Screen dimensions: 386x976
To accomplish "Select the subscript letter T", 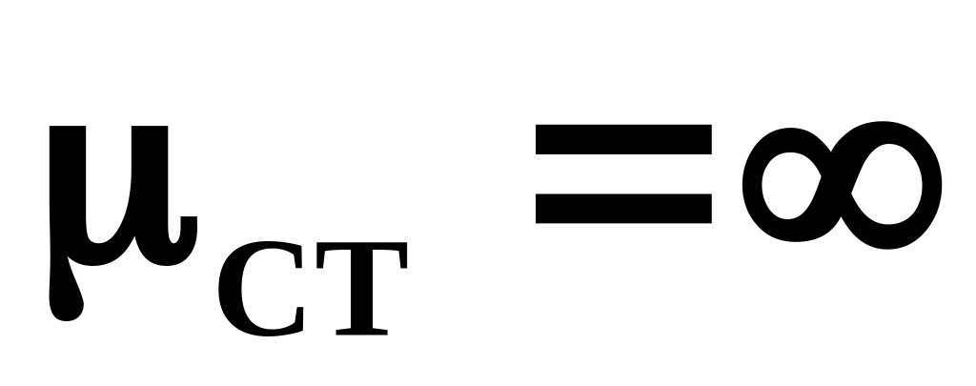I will click(353, 288).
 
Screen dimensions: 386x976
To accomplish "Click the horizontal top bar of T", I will click(353, 251).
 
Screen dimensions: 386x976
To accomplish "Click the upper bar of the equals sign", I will click(623, 140).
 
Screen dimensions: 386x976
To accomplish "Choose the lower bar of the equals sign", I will click(623, 208).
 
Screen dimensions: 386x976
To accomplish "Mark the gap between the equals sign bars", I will click(623, 174).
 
